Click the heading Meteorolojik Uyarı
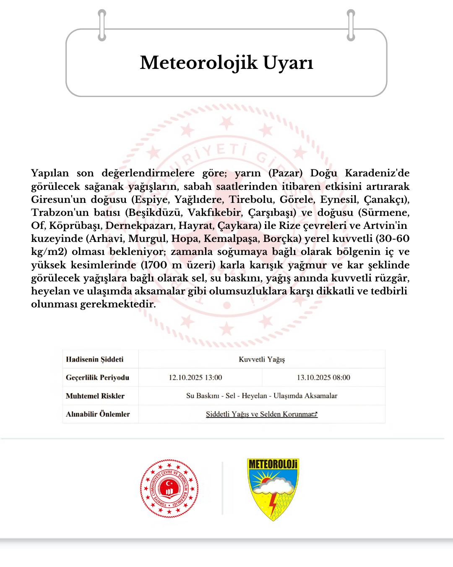point(226,63)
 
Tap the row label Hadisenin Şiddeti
point(94,360)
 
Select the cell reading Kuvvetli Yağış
point(262,360)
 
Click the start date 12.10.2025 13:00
point(195,378)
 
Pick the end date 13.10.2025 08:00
point(323,378)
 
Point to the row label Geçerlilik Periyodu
point(97,378)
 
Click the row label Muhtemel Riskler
point(95,396)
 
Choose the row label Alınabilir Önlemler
point(98,414)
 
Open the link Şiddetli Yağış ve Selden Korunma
point(261,414)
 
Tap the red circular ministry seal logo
point(169,488)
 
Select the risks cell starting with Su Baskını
point(262,396)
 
